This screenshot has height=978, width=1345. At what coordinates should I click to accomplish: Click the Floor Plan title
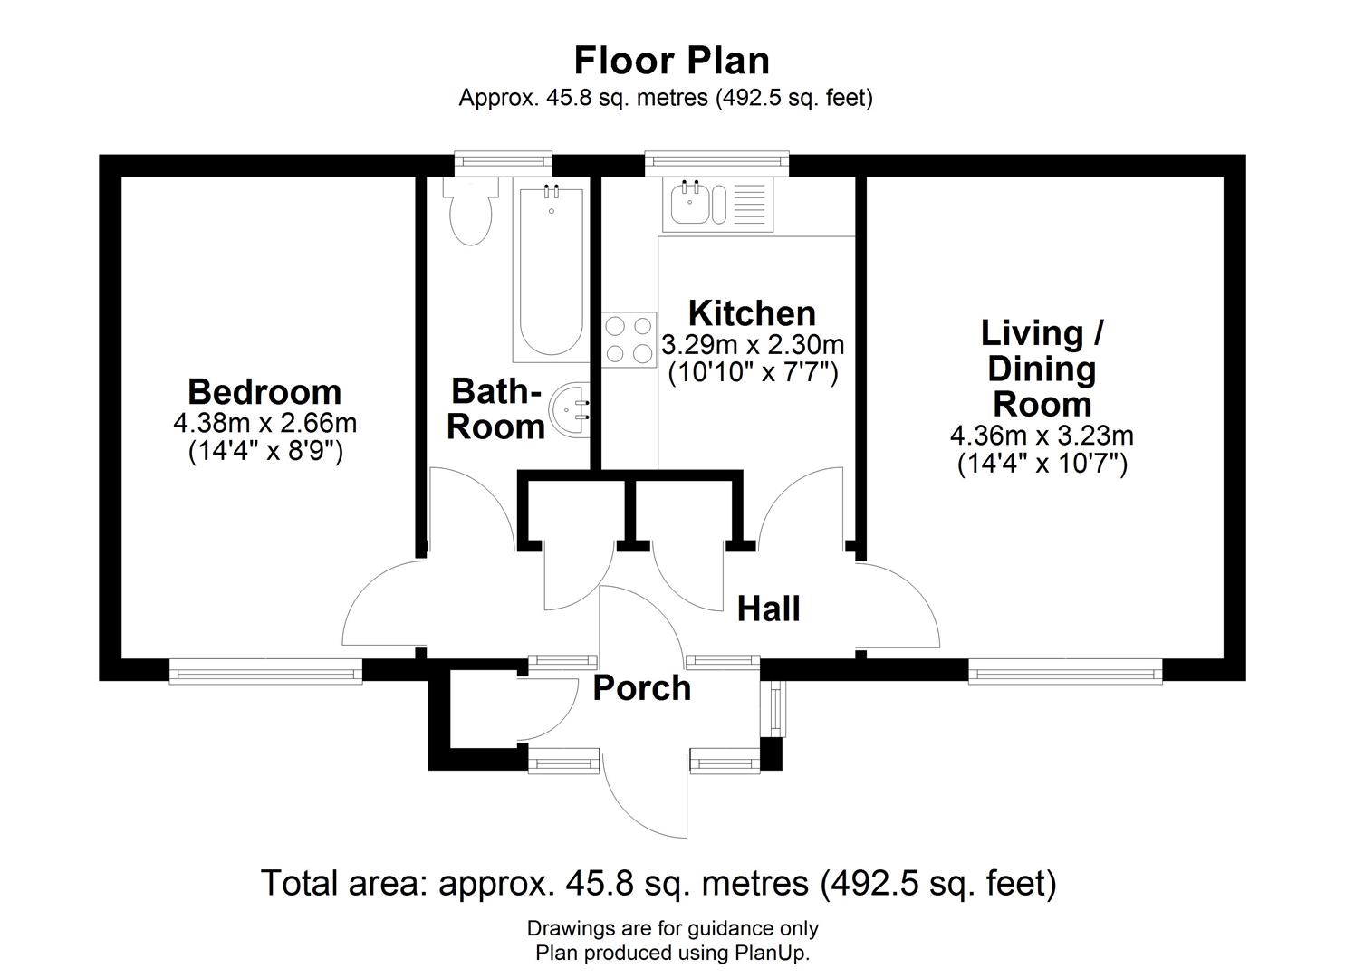672,61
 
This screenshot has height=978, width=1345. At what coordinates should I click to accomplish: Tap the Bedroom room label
264,392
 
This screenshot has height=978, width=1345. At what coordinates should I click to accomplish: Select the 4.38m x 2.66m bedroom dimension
264,423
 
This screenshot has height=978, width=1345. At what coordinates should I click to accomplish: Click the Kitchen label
752,313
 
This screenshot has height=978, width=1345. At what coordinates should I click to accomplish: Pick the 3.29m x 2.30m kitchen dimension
752,345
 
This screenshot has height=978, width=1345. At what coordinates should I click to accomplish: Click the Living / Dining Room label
1042,369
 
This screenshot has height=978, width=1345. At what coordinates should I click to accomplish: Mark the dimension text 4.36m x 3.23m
1042,436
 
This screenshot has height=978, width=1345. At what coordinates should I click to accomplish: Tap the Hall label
768,609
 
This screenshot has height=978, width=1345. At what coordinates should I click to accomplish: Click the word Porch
641,688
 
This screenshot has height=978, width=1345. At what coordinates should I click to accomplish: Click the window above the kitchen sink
716,163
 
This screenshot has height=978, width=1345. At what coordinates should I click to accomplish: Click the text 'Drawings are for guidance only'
672,928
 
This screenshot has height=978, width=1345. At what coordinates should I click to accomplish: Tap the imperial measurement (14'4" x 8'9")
264,451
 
